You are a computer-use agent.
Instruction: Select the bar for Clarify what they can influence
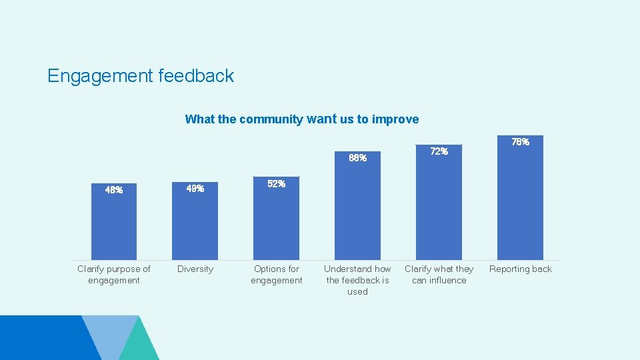click(x=439, y=207)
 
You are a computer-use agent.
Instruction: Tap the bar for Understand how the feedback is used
click(x=357, y=210)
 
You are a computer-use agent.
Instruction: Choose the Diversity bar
click(x=195, y=227)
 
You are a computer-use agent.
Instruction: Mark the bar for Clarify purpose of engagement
click(x=113, y=227)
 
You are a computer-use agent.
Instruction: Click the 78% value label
click(x=520, y=142)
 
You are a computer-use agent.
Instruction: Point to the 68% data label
click(x=357, y=158)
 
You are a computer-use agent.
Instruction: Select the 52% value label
click(x=276, y=184)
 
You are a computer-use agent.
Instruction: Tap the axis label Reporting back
click(x=520, y=269)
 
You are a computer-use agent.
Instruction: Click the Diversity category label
click(x=195, y=269)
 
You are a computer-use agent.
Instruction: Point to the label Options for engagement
click(x=276, y=274)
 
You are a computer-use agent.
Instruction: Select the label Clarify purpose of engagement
click(x=113, y=274)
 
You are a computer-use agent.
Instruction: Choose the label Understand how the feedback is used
click(x=357, y=280)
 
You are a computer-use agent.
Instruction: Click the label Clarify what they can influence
click(x=439, y=274)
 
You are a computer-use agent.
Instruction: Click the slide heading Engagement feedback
click(x=141, y=76)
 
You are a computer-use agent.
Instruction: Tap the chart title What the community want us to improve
click(x=301, y=119)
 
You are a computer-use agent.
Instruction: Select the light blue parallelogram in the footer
click(x=110, y=337)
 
